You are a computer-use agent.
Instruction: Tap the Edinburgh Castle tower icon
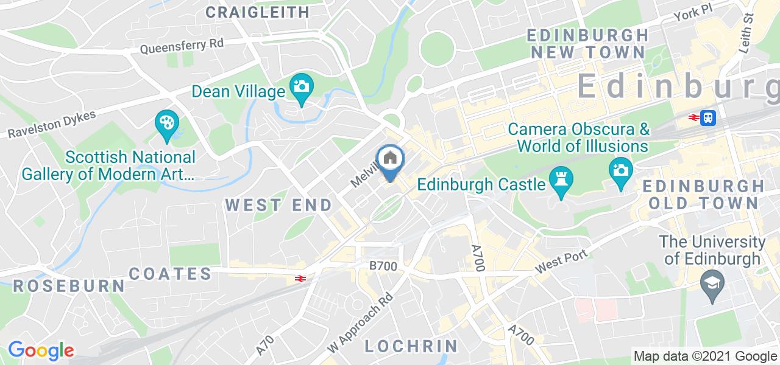559,179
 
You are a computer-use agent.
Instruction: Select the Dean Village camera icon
301,86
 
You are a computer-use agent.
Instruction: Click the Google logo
41,350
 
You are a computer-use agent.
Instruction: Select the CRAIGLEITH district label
257,12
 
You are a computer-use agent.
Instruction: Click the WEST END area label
280,204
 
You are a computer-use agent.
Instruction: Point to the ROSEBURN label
69,285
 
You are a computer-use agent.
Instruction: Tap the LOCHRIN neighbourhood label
411,346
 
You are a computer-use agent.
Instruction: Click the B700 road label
383,266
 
